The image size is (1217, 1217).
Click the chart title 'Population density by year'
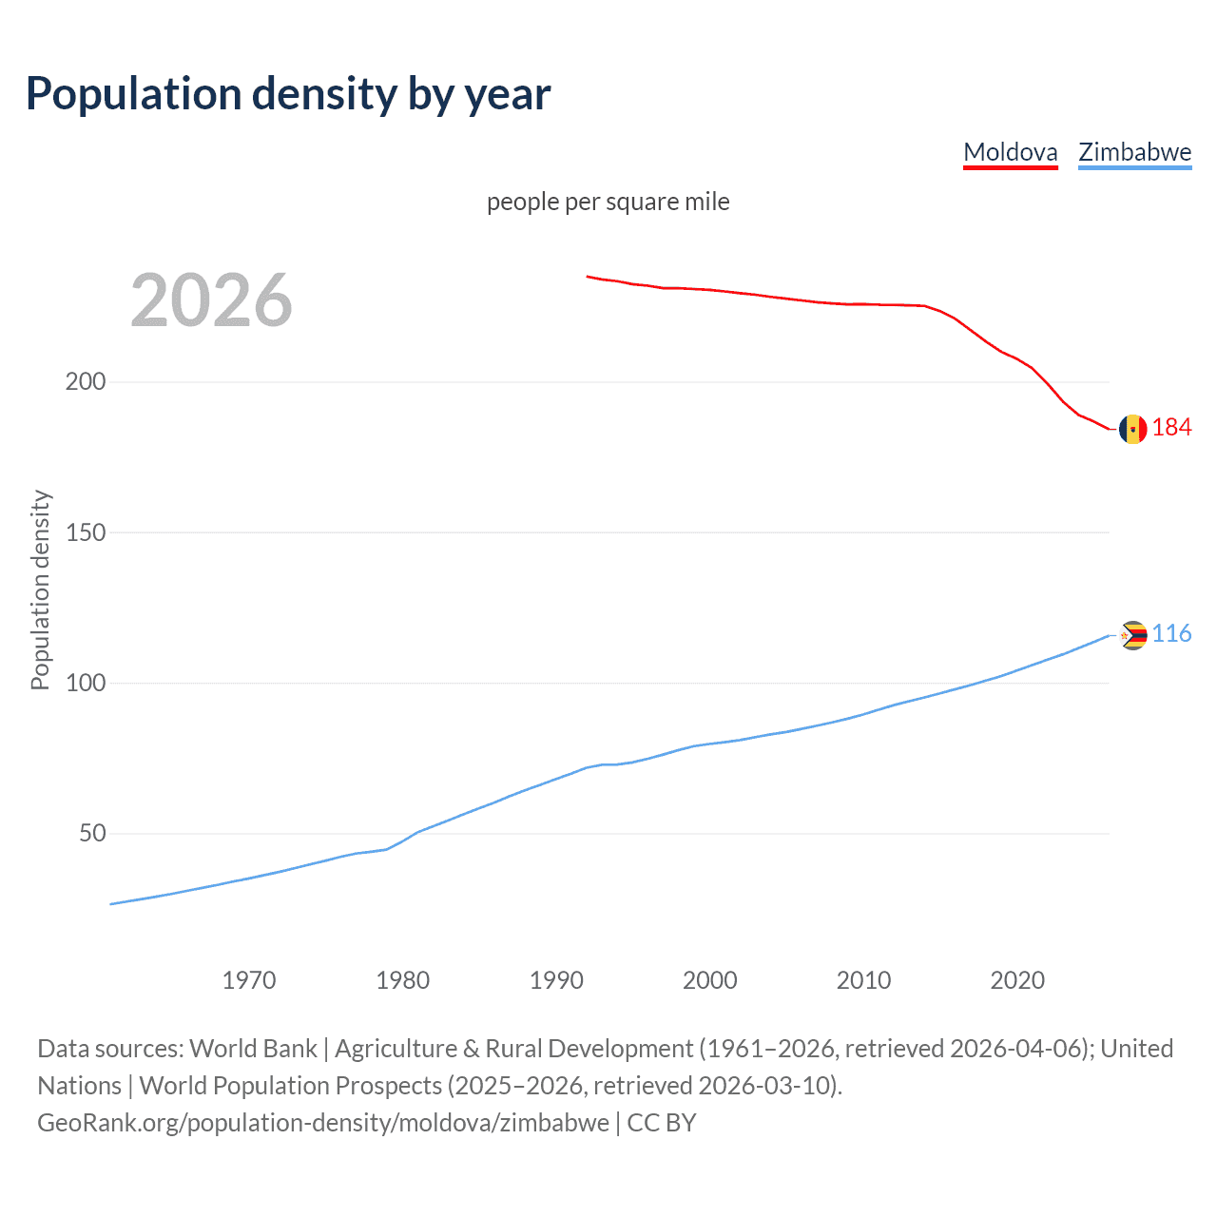[x=288, y=94]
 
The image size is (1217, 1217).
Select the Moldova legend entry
[x=1010, y=152]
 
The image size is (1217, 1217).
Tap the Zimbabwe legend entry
[x=1134, y=152]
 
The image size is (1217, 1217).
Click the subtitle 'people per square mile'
[x=608, y=203]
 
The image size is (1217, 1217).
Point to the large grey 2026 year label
[x=211, y=300]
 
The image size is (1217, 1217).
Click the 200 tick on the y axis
[x=86, y=382]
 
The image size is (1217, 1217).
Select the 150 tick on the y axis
[x=86, y=532]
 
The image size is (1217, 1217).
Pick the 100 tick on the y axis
[x=86, y=684]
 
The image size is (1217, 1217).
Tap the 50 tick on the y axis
[x=92, y=834]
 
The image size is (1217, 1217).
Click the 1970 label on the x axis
[x=249, y=980]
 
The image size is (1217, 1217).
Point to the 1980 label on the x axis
[x=403, y=980]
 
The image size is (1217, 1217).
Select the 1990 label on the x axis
[x=556, y=980]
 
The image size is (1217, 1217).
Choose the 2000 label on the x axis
[x=710, y=980]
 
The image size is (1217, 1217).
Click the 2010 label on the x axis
[x=863, y=980]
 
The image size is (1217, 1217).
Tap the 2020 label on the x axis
[x=1017, y=980]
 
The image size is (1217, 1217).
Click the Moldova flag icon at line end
[x=1132, y=430]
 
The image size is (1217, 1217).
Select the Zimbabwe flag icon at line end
[x=1132, y=635]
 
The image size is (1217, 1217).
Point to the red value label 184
[x=1171, y=428]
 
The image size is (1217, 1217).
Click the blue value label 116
[x=1171, y=634]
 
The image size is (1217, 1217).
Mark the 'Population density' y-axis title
[x=40, y=589]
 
